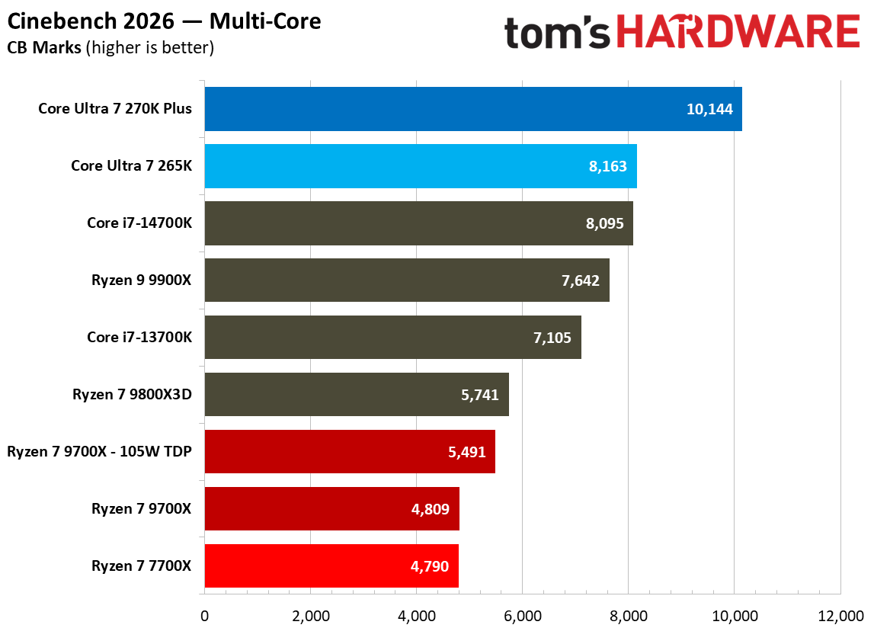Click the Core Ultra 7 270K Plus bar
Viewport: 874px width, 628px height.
472,109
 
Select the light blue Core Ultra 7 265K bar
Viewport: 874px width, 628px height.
420,166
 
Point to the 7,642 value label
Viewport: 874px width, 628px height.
581,280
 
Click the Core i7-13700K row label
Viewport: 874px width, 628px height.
139,338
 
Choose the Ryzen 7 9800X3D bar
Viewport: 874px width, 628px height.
356,395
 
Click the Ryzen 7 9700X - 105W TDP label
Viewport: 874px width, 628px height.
99,451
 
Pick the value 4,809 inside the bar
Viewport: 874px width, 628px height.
431,509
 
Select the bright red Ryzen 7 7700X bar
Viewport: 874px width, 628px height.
331,566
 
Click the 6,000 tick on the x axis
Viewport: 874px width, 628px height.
522,615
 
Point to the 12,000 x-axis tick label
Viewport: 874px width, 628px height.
839,615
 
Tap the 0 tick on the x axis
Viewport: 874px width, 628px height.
204,615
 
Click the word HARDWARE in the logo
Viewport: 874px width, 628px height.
738,32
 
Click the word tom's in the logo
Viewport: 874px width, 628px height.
558,32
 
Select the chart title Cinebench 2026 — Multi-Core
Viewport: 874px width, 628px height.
164,21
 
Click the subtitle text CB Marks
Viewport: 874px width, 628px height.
43,47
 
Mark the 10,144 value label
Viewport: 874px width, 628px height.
709,109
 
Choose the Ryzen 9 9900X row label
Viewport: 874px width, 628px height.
140,280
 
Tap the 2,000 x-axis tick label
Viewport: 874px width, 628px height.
310,615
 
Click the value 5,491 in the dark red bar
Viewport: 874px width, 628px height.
466,452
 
